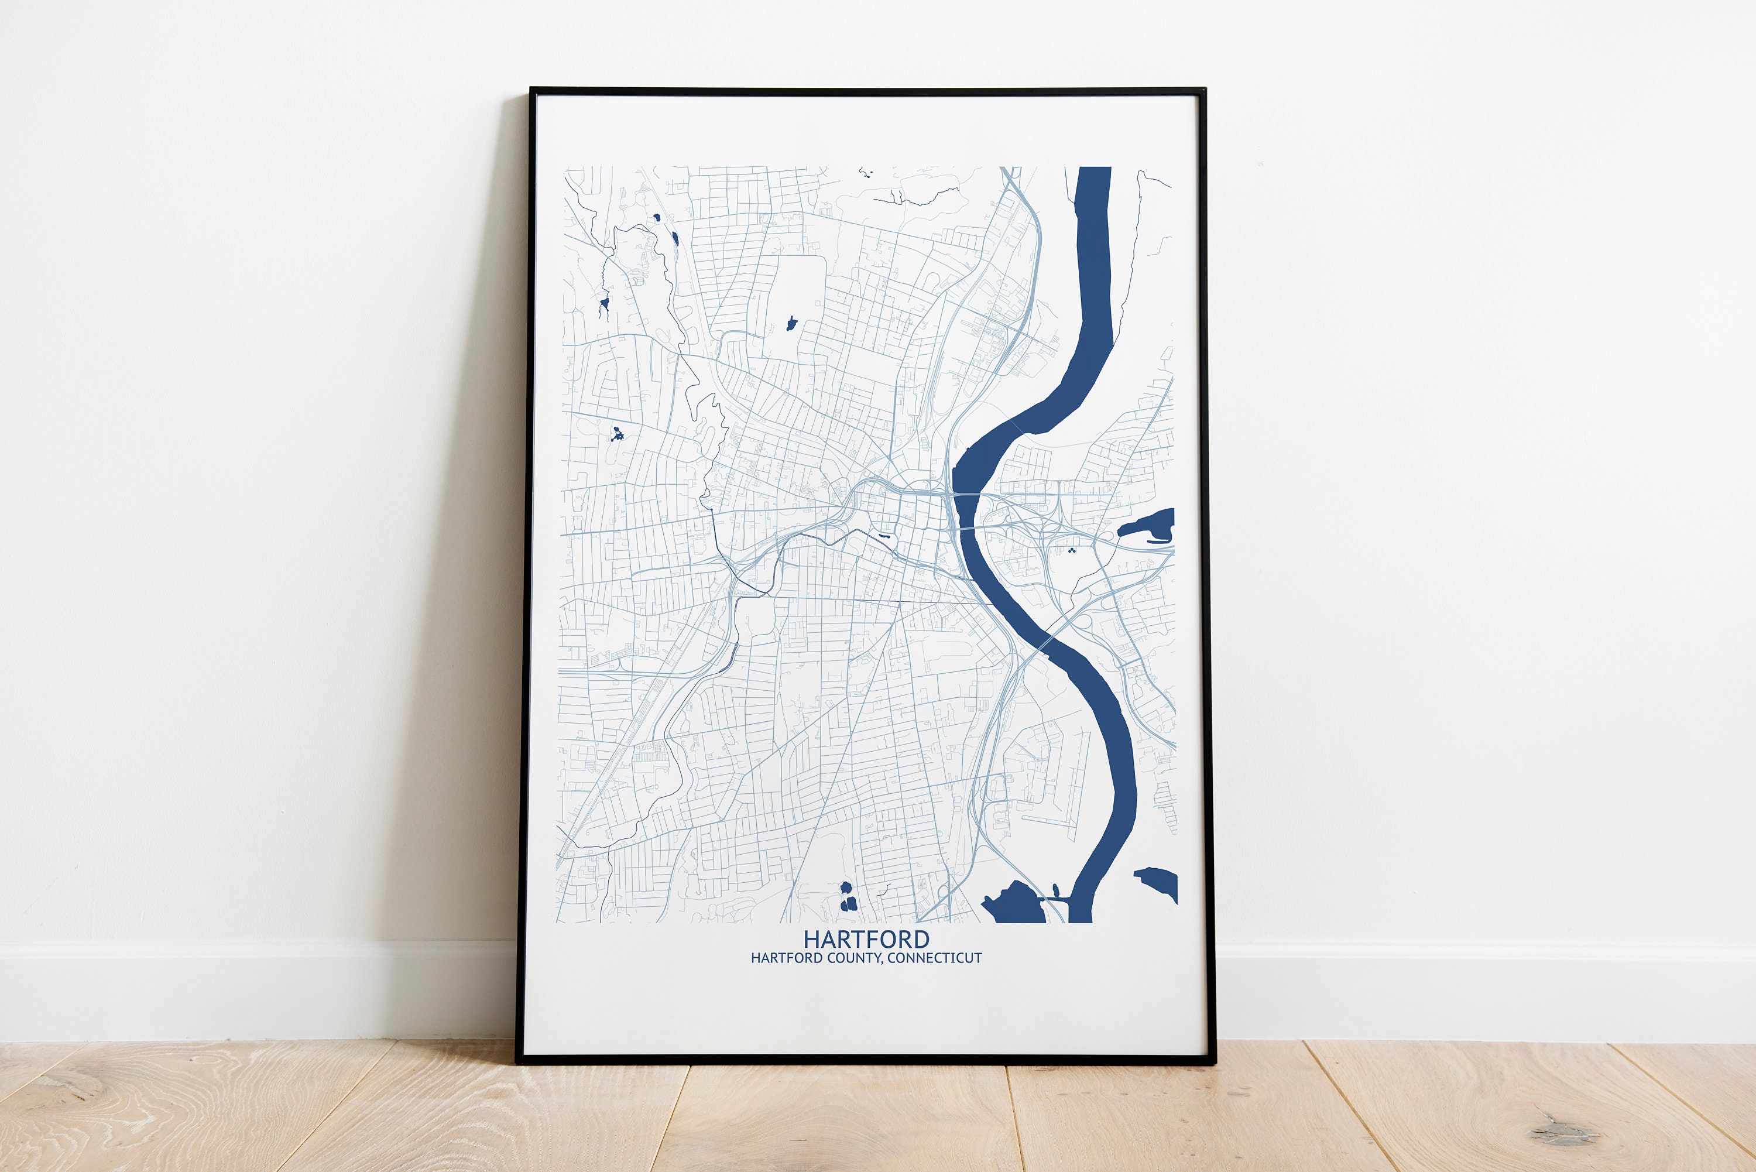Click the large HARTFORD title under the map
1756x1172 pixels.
[x=866, y=939]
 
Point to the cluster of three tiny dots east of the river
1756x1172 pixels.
[x=1072, y=550]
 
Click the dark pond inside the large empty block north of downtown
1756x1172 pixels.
[x=791, y=324]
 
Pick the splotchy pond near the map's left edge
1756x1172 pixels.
[x=617, y=434]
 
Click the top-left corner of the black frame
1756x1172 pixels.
[x=532, y=90]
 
